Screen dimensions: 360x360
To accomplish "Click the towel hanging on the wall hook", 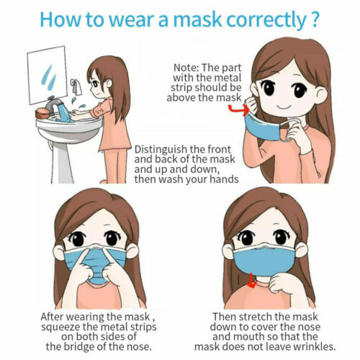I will [x=77, y=94].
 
